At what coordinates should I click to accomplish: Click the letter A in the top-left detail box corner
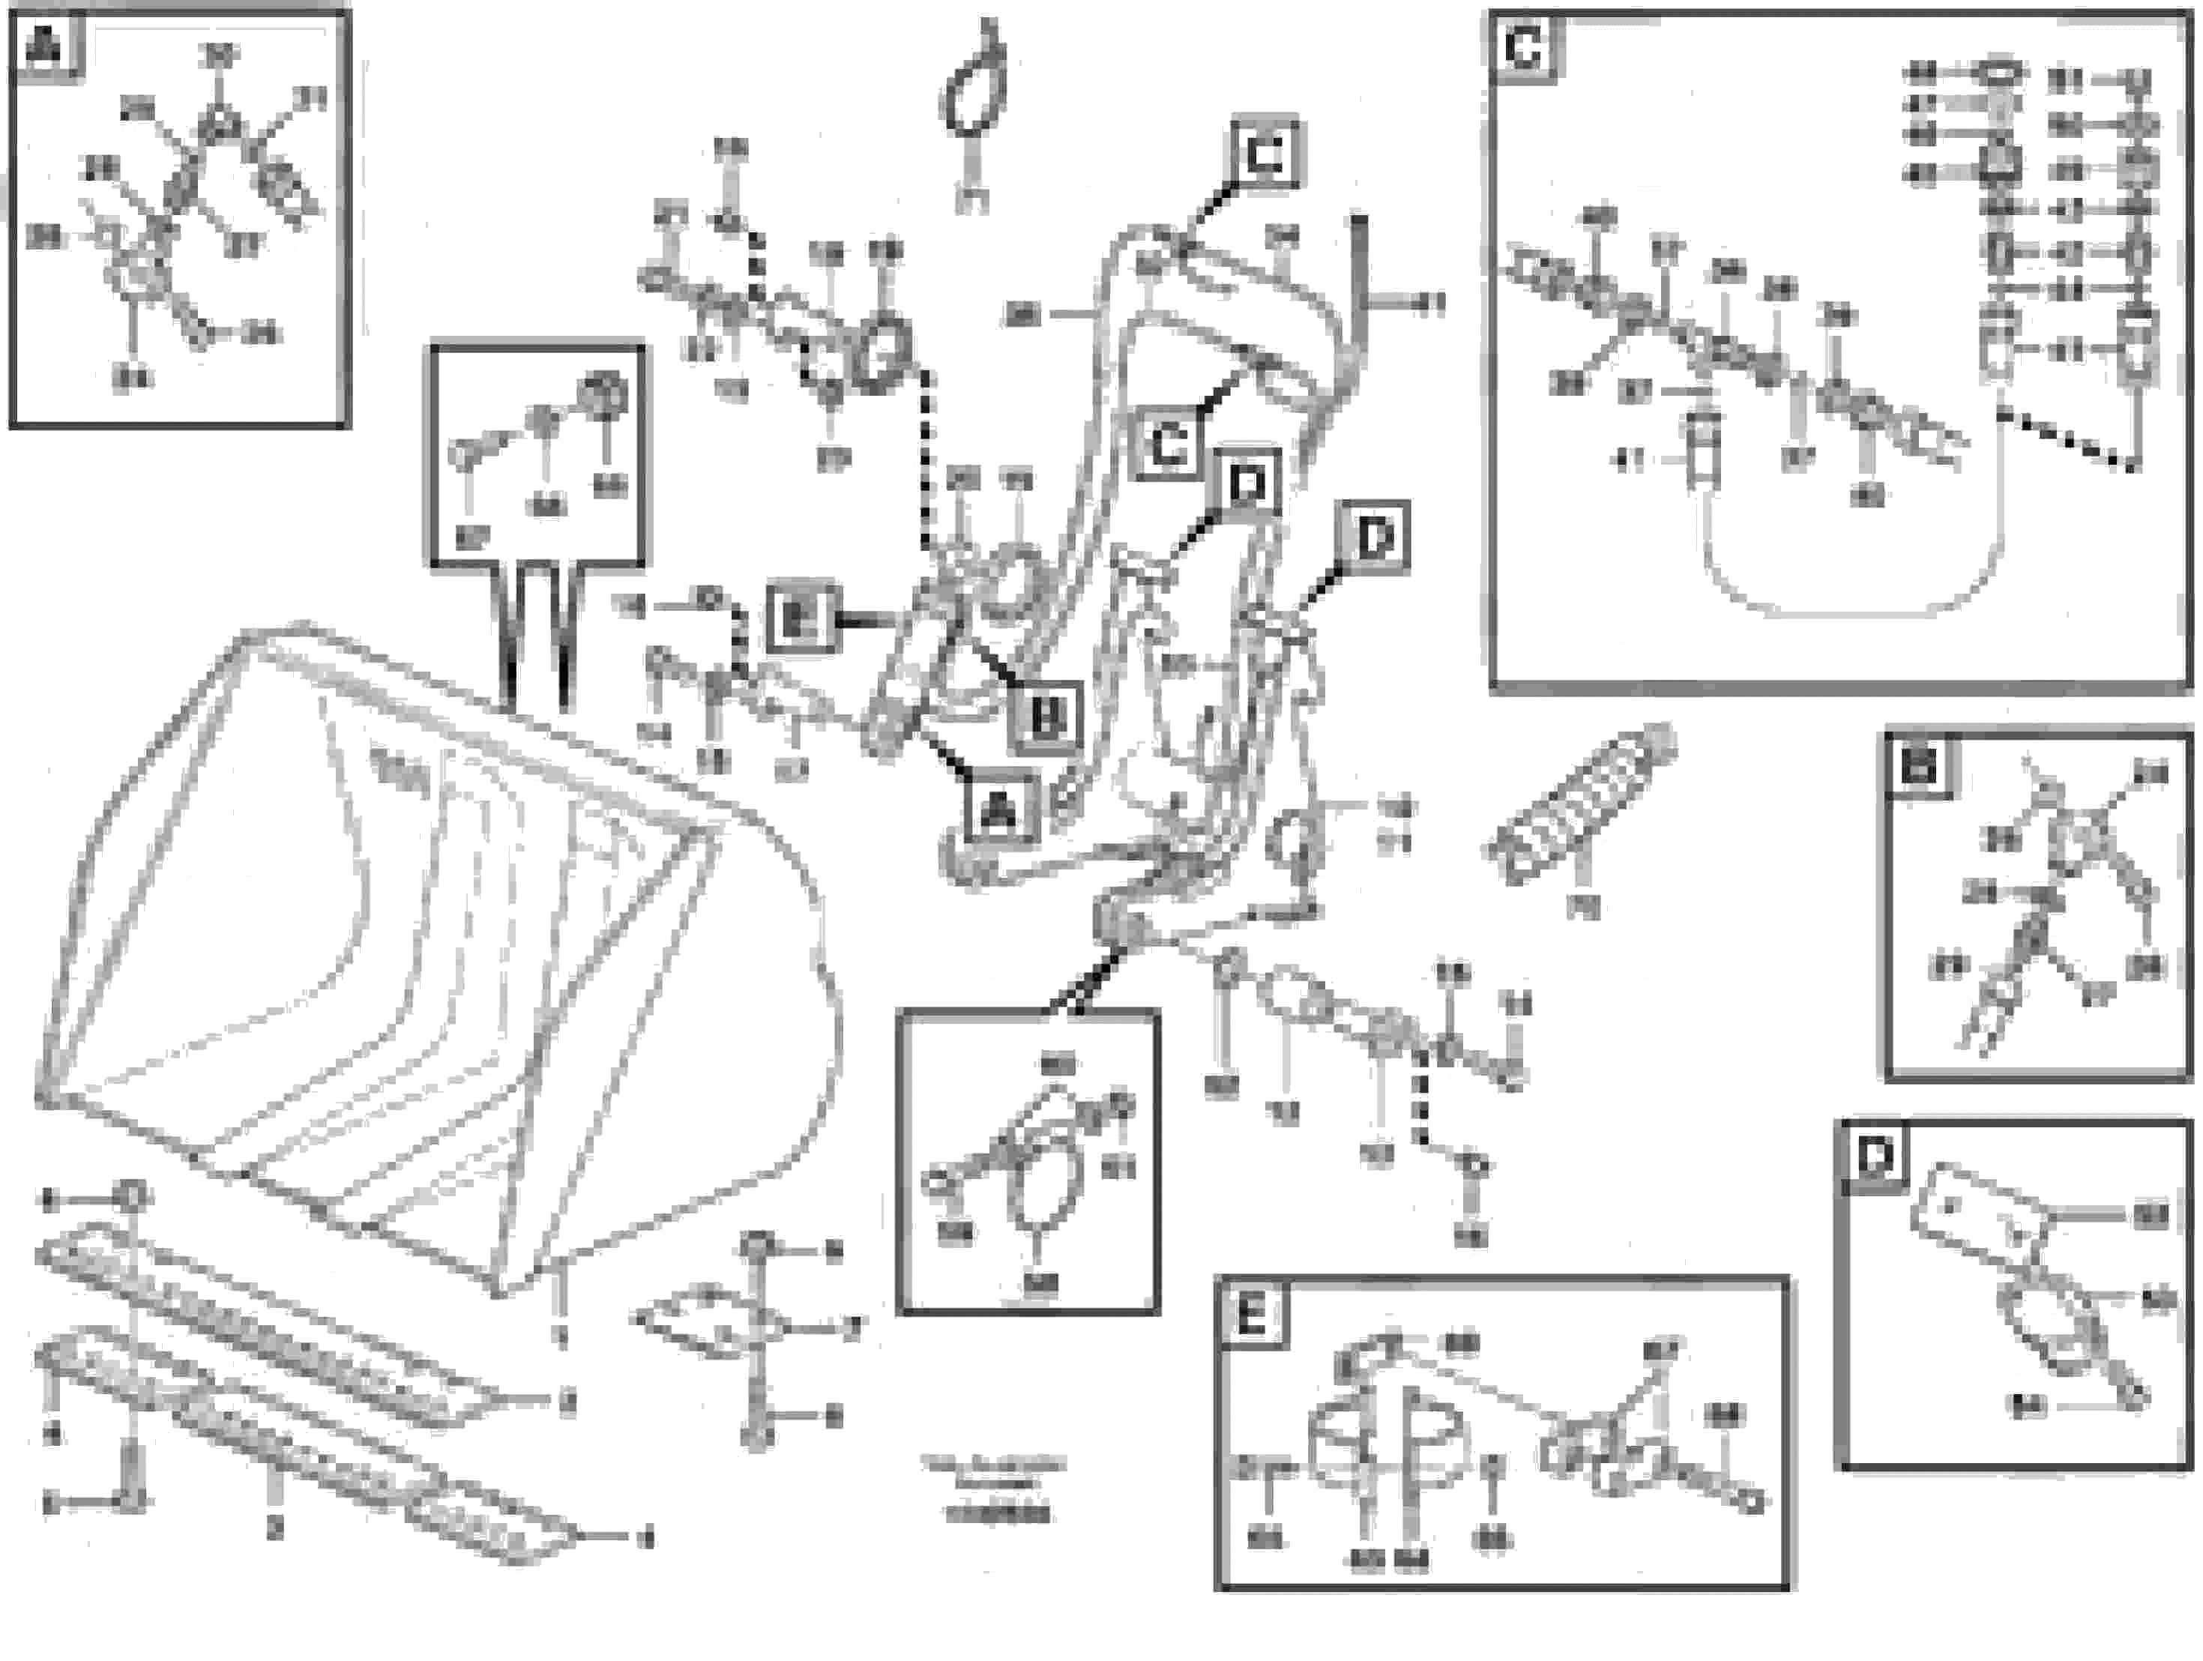(43, 46)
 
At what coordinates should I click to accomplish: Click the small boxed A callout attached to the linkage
(999, 812)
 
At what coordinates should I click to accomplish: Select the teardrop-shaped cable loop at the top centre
(974, 94)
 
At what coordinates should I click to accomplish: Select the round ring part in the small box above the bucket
(603, 394)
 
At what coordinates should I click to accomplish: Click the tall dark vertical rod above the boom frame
(1358, 289)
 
